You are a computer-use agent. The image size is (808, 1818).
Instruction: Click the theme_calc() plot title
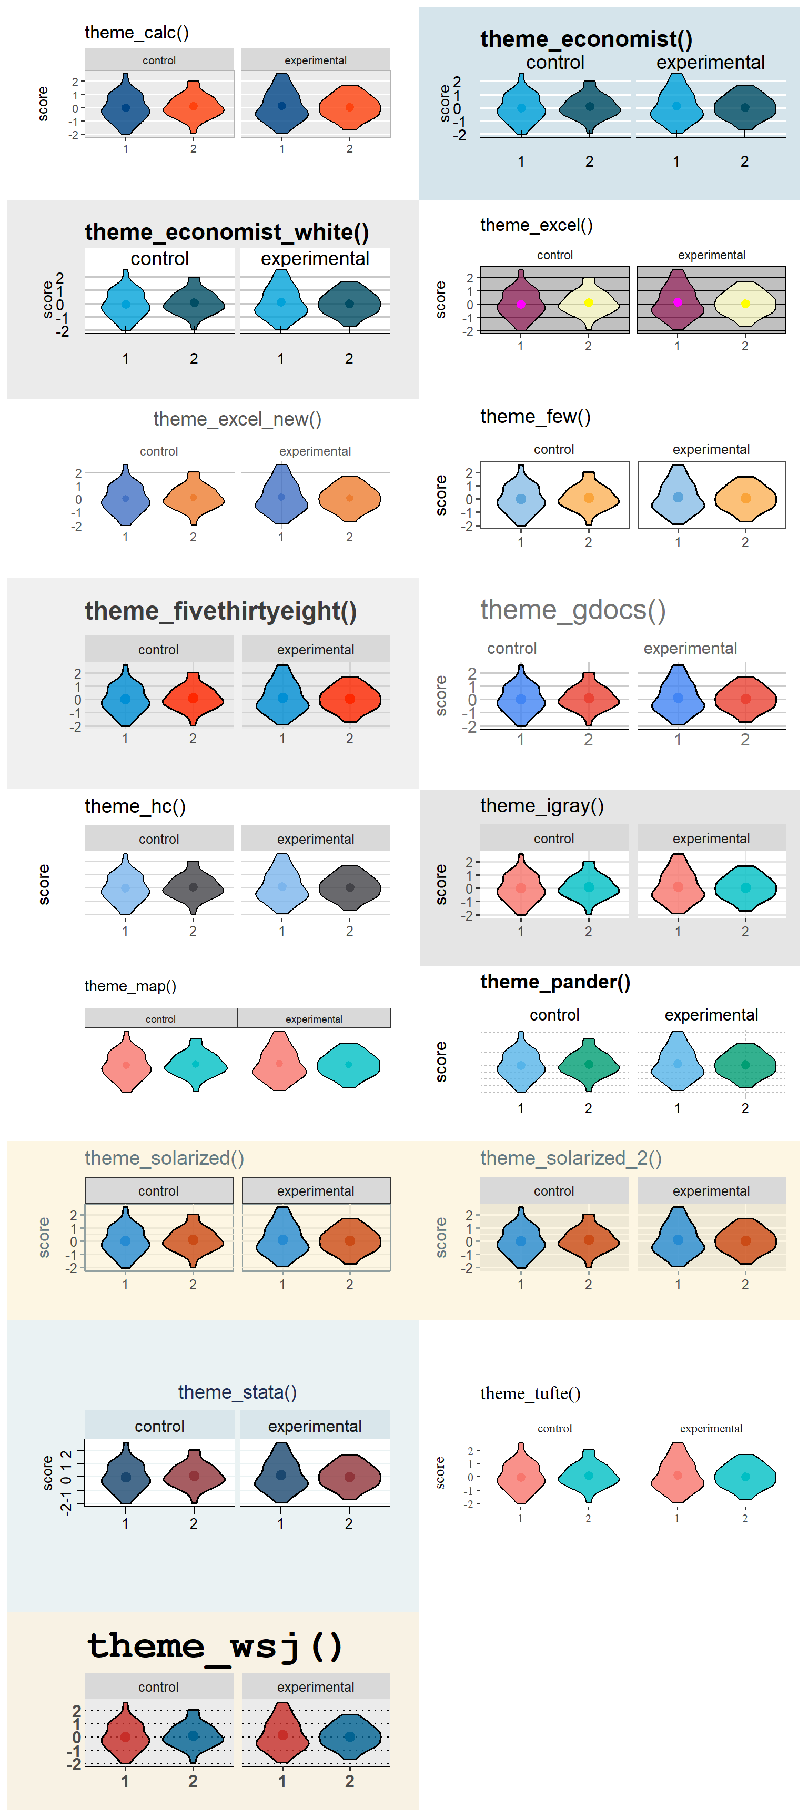click(137, 33)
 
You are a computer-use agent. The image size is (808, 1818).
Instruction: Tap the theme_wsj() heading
click(215, 1647)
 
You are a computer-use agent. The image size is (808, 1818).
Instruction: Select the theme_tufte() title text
click(531, 1394)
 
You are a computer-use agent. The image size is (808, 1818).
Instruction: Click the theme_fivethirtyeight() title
click(221, 611)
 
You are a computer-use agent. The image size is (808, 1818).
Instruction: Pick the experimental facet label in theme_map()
click(314, 1019)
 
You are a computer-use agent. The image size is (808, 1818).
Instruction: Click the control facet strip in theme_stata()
click(159, 1426)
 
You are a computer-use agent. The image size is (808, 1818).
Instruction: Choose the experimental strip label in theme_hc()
click(316, 839)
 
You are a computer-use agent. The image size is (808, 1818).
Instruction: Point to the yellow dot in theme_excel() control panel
click(589, 303)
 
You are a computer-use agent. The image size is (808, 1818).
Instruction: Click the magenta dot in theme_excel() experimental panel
click(678, 302)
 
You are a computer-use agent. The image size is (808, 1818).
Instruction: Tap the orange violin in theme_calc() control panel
click(194, 107)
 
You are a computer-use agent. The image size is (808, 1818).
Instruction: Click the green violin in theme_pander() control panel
click(589, 1064)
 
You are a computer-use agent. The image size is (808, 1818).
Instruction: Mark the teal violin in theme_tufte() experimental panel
click(745, 1477)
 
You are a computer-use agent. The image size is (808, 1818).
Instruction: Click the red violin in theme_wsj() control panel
click(126, 1736)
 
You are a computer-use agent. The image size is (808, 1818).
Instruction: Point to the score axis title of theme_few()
click(441, 496)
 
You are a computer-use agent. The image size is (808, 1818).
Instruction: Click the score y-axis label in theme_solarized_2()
click(441, 1237)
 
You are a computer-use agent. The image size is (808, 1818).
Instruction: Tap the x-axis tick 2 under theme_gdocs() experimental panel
click(745, 740)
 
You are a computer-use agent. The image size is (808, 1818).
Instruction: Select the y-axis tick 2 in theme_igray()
click(469, 862)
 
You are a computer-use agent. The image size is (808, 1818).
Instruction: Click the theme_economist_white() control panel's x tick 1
click(126, 359)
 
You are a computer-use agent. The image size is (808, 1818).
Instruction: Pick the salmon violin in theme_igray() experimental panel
click(678, 885)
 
